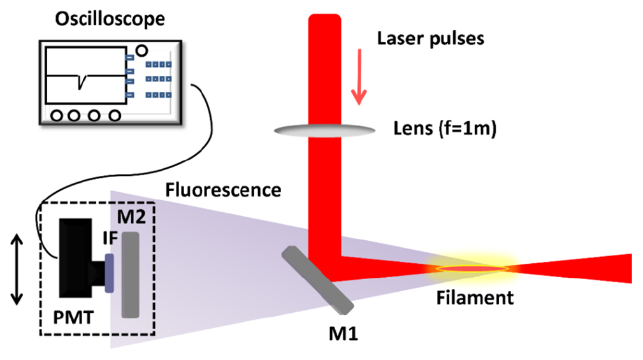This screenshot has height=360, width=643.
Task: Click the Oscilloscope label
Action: pyautogui.click(x=109, y=18)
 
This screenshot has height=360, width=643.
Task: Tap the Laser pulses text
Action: pyautogui.click(x=431, y=39)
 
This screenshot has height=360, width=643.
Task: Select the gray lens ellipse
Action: pyautogui.click(x=324, y=130)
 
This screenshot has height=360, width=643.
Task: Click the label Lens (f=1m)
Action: pyautogui.click(x=445, y=129)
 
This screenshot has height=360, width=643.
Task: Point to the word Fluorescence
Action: pyautogui.click(x=223, y=190)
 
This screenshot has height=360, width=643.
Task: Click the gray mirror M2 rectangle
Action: pyautogui.click(x=131, y=275)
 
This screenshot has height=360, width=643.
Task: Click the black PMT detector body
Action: pyautogui.click(x=76, y=257)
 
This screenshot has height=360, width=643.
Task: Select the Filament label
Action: pyautogui.click(x=474, y=297)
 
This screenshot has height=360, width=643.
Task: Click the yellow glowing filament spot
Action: pyautogui.click(x=472, y=268)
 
